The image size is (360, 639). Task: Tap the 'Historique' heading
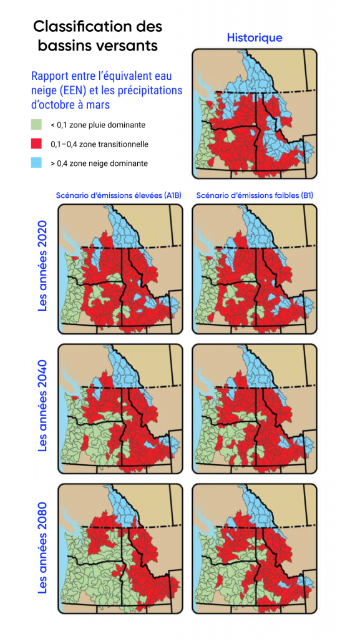tap(254, 38)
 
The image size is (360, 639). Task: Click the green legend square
tap(37, 125)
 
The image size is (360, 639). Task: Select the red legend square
tap(37, 144)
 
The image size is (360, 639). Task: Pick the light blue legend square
tap(37, 163)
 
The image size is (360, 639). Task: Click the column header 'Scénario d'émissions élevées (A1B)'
tap(119, 195)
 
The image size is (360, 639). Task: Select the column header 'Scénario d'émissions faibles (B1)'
tap(255, 195)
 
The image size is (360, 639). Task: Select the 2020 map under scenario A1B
tap(120, 270)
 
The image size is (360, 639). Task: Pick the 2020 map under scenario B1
tap(254, 270)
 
